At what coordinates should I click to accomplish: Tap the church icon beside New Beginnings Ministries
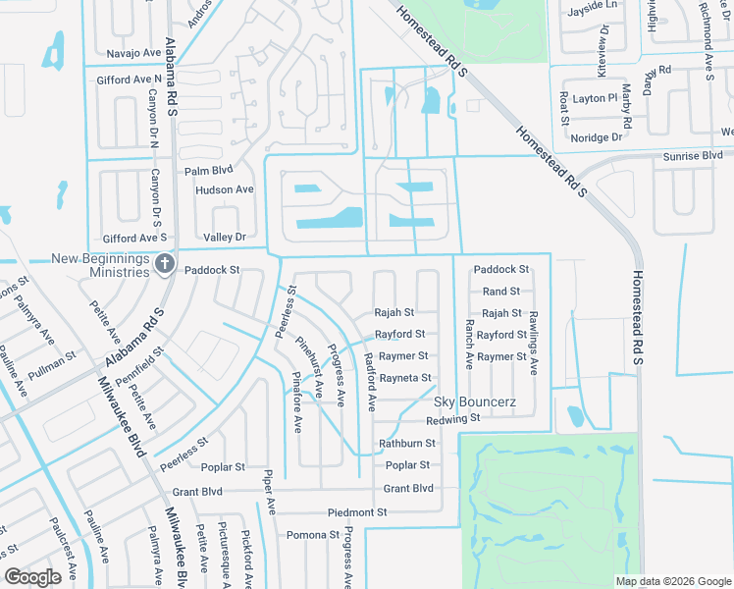[165, 264]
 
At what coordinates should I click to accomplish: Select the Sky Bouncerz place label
[475, 402]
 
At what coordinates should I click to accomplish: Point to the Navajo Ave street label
[133, 52]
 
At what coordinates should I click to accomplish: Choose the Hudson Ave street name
[224, 189]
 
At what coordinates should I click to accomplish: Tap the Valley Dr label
[224, 237]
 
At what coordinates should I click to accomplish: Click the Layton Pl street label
[595, 99]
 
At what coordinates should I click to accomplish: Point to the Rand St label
[500, 292]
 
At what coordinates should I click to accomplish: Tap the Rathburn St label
[406, 444]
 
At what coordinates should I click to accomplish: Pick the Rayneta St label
[405, 378]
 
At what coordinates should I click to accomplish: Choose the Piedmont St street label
[357, 512]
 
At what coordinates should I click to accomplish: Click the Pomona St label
[312, 535]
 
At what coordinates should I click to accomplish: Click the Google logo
[33, 576]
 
